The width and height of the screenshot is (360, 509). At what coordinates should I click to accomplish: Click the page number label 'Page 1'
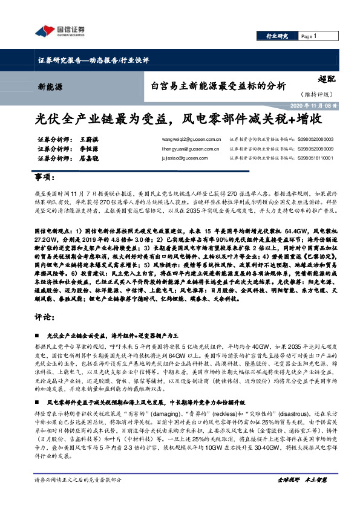[310, 37]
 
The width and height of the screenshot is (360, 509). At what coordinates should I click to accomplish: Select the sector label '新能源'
[49, 86]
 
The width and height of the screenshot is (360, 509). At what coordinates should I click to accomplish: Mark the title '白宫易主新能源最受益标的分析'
[218, 85]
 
